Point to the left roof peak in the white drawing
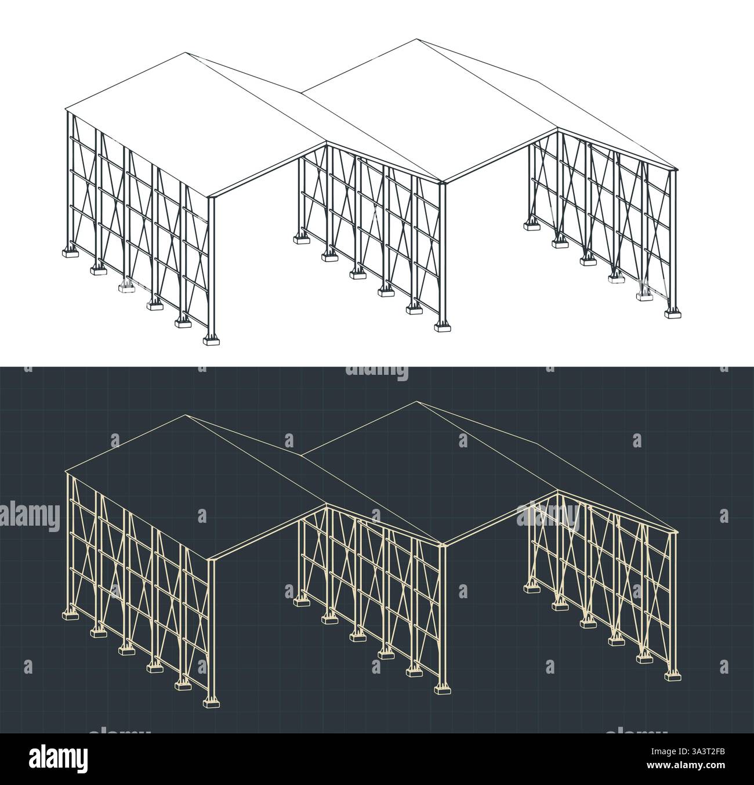(x=186, y=53)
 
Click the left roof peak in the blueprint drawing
(x=186, y=415)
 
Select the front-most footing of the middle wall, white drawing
(x=444, y=326)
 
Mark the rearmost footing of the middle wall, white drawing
(x=300, y=238)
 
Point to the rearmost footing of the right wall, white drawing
(x=531, y=225)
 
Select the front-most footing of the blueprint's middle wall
(x=444, y=688)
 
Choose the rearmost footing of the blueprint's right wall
(x=531, y=587)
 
